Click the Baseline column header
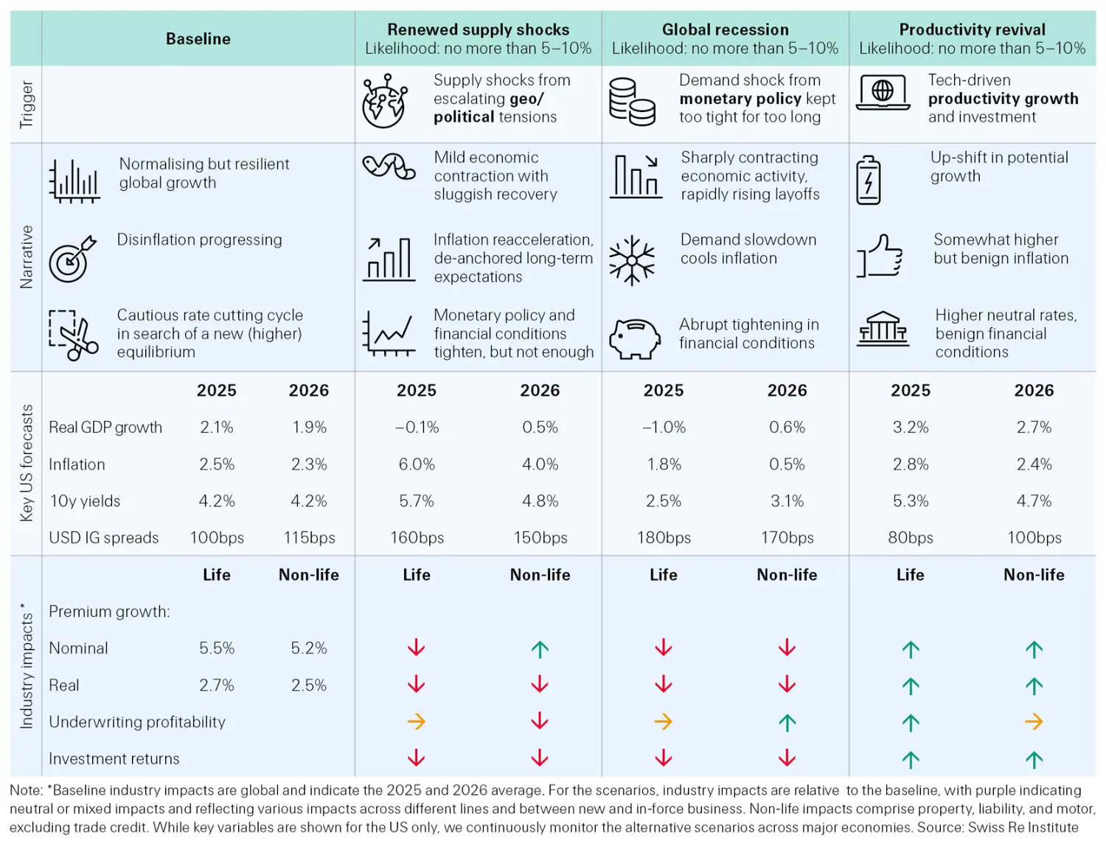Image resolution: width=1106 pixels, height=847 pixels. (x=198, y=39)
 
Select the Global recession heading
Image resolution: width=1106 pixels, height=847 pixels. (x=725, y=29)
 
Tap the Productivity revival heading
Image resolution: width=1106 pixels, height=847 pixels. (x=972, y=29)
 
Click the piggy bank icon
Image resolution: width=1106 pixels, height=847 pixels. (x=635, y=338)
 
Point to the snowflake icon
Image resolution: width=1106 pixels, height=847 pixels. (x=632, y=260)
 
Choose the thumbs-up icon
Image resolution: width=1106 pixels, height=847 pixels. (x=880, y=256)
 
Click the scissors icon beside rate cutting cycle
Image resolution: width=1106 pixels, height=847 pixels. (x=73, y=335)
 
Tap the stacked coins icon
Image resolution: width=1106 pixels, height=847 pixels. (x=632, y=102)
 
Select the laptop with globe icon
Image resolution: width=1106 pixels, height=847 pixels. (x=883, y=94)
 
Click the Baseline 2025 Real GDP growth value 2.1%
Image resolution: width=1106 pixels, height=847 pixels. (x=217, y=428)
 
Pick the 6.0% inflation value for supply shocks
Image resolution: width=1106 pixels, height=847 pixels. (x=417, y=464)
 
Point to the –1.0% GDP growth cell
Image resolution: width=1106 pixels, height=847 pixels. (x=664, y=428)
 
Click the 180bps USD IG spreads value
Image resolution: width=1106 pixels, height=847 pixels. (x=664, y=538)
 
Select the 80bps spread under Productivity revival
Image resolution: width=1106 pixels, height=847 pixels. (x=911, y=538)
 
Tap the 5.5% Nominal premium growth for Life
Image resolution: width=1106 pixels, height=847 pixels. (x=217, y=649)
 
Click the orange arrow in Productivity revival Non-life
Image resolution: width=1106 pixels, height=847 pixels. (x=1034, y=722)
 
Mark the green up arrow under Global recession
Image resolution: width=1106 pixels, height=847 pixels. (x=787, y=722)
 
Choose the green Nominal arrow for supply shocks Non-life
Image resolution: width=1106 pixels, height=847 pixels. (x=540, y=649)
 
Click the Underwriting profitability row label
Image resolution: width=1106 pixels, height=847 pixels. (x=137, y=722)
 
